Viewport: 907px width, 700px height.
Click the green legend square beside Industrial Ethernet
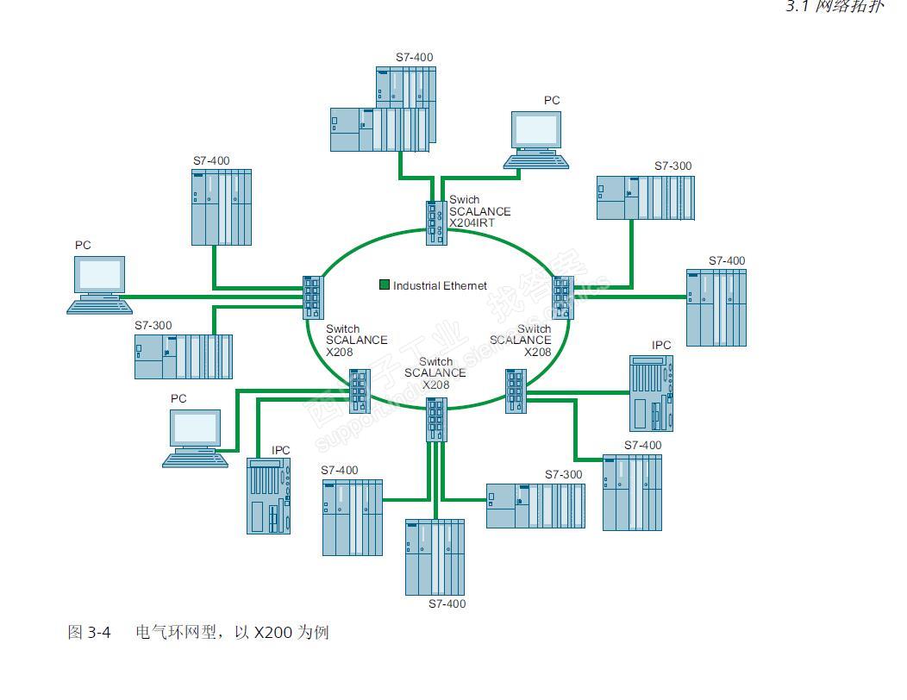pos(385,284)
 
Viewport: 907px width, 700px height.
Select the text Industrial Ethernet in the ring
pos(440,285)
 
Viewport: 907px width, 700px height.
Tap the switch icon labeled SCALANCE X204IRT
pos(435,223)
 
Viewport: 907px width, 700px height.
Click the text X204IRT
pos(472,223)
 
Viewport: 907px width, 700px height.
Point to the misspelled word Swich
pos(465,200)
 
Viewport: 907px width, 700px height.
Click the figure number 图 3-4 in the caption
pos(89,633)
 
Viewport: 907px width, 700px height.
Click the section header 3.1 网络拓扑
pos(834,7)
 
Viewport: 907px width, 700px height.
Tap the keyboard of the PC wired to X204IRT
pos(536,160)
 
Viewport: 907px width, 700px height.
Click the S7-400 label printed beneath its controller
pos(447,603)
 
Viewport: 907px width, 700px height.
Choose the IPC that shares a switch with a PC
pos(268,495)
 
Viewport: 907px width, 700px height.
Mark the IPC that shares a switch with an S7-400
pos(651,391)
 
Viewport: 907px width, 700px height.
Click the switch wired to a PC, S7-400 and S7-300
pos(312,297)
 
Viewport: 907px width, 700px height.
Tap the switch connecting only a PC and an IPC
pos(360,390)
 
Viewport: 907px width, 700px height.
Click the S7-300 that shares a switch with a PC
pos(183,356)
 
